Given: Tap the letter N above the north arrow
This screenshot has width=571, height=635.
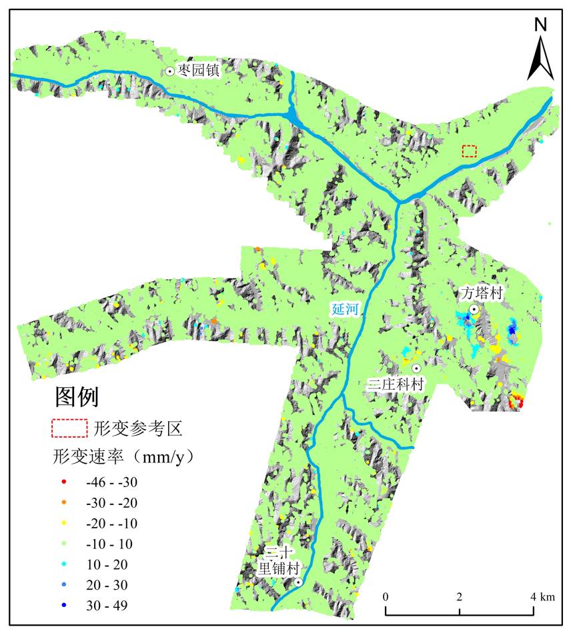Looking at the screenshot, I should [541, 25].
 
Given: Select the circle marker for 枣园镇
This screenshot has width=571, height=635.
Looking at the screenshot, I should [170, 71].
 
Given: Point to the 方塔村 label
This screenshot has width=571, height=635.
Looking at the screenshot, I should [481, 293].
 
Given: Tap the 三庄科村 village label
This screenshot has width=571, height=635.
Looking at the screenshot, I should [396, 384].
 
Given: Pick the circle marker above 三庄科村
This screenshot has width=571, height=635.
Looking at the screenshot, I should [416, 368].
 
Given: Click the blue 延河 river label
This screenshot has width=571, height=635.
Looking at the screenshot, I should [344, 309].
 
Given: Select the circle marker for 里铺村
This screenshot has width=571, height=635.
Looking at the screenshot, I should [298, 582].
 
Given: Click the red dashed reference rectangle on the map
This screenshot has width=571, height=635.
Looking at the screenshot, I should [470, 151].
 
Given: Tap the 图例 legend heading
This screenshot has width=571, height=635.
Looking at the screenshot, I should [76, 397].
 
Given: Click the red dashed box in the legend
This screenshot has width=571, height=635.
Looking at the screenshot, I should [70, 428].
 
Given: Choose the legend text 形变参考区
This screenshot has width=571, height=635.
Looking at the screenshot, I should [138, 428].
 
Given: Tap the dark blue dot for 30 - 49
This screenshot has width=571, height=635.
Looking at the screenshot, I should [63, 606].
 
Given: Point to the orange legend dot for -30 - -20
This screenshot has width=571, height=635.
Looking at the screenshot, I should [63, 502].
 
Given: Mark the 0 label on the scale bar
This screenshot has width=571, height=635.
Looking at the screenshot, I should [386, 595].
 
